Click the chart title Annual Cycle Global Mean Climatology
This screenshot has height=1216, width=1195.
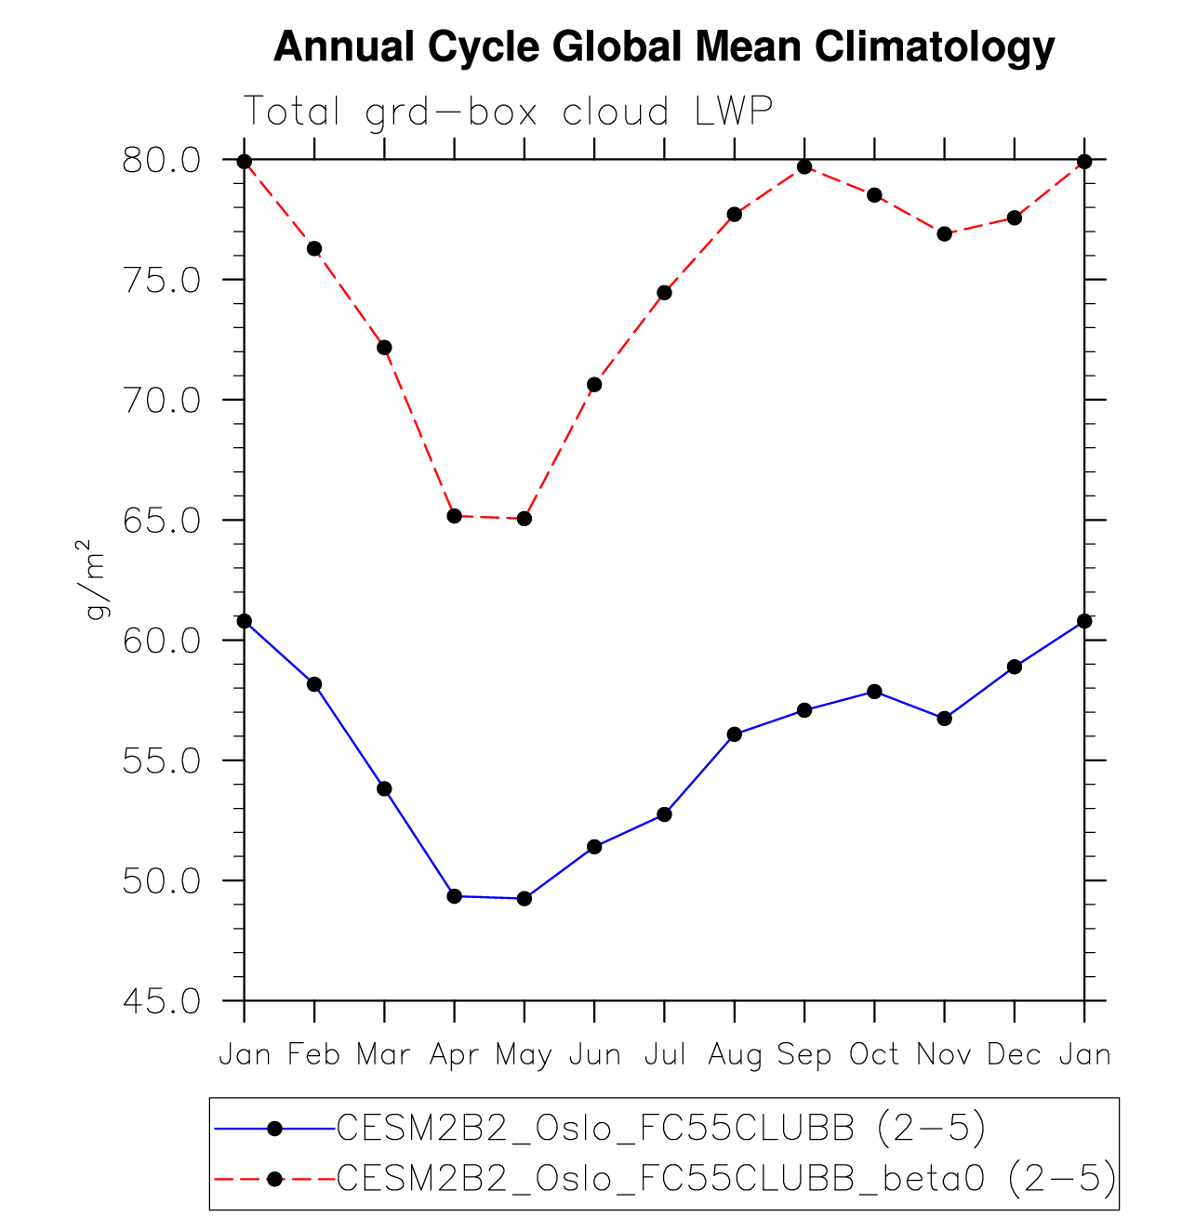click(664, 46)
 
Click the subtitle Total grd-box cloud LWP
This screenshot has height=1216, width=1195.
click(508, 112)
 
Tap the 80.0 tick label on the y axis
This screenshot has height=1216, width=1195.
click(161, 161)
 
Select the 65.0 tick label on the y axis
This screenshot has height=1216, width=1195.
click(161, 521)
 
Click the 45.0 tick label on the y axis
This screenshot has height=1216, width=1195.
click(161, 1001)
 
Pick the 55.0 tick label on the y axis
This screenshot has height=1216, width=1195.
click(161, 761)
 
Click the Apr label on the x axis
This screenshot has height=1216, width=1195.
click(454, 1054)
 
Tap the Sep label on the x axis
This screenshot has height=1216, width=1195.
click(804, 1054)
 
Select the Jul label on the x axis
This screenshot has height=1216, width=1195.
click(664, 1054)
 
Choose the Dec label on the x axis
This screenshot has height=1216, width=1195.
click(1014, 1054)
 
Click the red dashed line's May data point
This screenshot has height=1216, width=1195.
click(524, 518)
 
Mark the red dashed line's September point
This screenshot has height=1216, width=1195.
click(804, 166)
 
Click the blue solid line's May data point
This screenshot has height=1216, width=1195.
click(524, 898)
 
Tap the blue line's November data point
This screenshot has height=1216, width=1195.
click(945, 718)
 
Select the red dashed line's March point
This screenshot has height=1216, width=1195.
click(384, 348)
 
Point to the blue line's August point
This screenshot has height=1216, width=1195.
click(735, 734)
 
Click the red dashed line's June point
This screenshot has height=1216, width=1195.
click(594, 384)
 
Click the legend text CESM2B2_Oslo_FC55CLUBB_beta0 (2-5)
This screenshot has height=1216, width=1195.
click(725, 1178)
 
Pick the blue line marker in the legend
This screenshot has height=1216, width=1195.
click(274, 1129)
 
